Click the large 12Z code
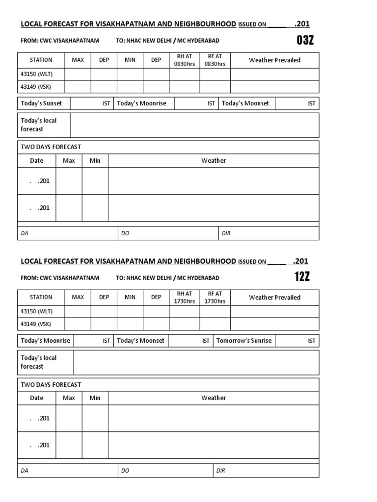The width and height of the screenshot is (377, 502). click(302, 277)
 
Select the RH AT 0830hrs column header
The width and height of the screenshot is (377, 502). click(184, 60)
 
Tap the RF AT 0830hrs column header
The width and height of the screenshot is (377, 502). click(215, 60)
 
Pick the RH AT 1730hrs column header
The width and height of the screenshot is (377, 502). click(184, 297)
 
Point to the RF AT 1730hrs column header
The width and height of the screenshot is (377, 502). click(215, 297)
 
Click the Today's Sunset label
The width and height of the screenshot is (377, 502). click(41, 103)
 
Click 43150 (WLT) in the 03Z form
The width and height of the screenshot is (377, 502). click(36, 74)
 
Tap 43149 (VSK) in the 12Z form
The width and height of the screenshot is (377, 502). click(36, 324)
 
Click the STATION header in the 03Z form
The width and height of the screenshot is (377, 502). click(41, 60)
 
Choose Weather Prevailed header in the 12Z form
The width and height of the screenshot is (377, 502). click(274, 297)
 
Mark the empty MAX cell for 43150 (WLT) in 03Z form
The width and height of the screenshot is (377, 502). click(78, 74)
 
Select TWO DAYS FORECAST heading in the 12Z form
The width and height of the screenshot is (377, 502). click(51, 385)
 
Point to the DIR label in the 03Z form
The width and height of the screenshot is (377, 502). click(226, 234)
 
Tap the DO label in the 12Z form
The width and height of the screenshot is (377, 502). click(125, 471)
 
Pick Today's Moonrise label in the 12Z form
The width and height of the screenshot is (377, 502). click(45, 341)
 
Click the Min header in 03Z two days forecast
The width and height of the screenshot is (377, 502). click(95, 160)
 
